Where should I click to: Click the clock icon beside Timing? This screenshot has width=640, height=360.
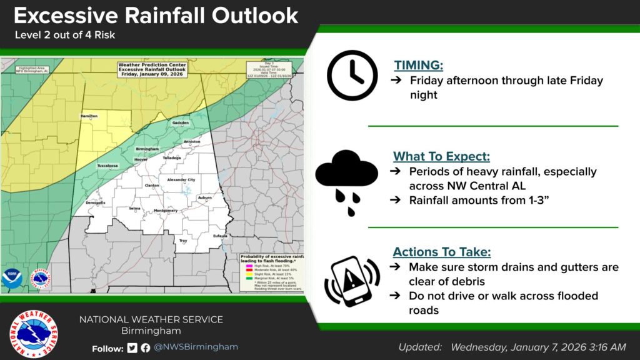tap(352, 76)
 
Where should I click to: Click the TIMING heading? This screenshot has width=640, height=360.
tap(419, 64)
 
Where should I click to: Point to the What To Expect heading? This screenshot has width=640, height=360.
tap(441, 156)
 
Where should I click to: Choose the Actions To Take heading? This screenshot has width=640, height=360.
tap(441, 252)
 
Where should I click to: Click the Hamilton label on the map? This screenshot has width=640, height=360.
tap(89, 116)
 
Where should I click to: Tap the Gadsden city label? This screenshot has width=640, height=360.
tap(180, 123)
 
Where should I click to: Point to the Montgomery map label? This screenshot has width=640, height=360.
tap(166, 211)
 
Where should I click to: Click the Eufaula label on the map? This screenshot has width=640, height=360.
tap(219, 236)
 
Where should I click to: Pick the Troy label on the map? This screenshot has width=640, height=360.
tap(183, 241)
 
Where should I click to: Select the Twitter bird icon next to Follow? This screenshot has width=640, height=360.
tap(132, 348)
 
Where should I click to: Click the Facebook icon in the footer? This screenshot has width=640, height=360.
tap(145, 348)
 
